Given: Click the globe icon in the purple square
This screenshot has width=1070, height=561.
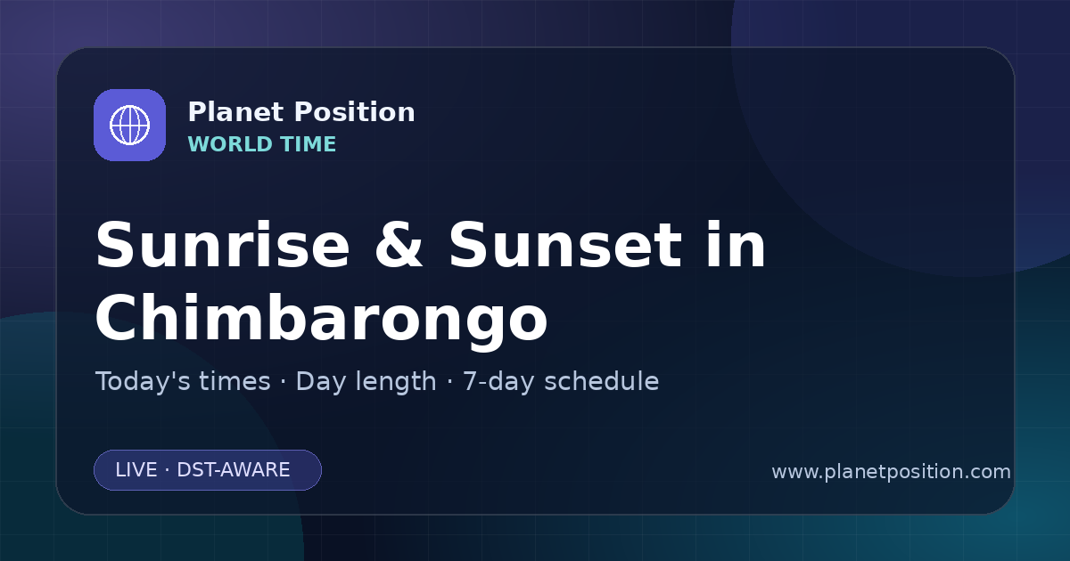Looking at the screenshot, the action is click(x=129, y=125).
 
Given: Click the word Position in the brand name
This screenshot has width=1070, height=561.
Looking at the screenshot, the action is click(x=355, y=112).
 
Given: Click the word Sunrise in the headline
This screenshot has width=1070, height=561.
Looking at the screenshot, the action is click(x=223, y=245).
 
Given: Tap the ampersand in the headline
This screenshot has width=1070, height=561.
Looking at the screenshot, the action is click(x=399, y=245).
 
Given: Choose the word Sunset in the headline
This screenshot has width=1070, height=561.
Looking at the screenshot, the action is click(x=565, y=245).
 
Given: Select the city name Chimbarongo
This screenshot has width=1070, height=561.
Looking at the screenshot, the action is click(x=322, y=319).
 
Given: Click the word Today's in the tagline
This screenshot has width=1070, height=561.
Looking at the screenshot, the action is click(x=143, y=381).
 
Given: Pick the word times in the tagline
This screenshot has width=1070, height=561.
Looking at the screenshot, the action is click(x=235, y=381).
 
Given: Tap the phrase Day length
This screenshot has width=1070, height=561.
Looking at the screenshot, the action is click(x=366, y=382).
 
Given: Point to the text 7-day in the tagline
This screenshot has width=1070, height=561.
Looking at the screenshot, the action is click(x=498, y=382).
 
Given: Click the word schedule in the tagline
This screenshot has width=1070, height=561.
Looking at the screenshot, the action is click(x=601, y=381).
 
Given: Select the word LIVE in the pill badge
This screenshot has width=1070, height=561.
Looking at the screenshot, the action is click(x=136, y=470).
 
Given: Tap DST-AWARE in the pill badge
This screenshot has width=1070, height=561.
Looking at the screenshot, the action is click(x=233, y=470).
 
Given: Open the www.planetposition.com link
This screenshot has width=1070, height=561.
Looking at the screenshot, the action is click(x=891, y=472).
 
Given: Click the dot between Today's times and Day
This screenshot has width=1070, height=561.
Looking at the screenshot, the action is click(x=284, y=382).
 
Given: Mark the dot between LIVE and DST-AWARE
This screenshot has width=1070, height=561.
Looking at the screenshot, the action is click(x=167, y=470).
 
